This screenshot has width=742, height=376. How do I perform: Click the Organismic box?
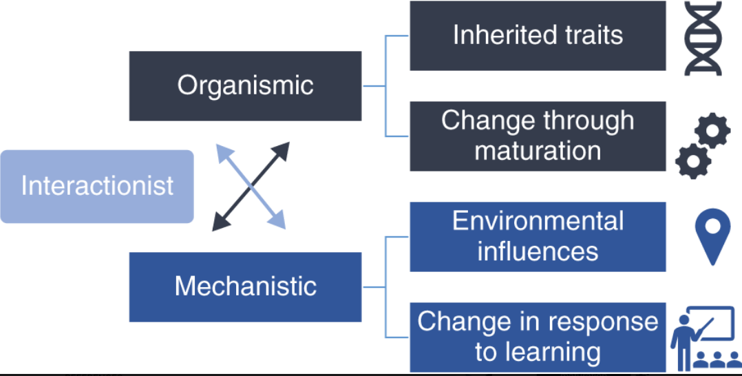245,86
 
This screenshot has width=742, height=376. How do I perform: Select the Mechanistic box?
245,286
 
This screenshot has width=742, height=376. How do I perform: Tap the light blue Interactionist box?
97,187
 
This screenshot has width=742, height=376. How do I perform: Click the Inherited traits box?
538,36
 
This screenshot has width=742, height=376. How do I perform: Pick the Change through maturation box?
538,136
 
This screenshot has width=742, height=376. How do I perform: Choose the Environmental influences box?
538,236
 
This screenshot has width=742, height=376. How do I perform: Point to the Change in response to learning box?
538,337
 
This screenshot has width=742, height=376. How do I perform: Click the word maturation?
538,150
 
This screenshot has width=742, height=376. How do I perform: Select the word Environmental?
538,222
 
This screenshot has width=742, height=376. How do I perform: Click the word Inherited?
494,35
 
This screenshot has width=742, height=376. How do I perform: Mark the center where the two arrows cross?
251,186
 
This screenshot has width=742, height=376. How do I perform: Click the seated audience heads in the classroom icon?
716,359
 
